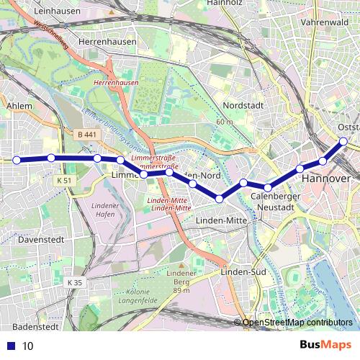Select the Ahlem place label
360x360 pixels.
[x=19, y=106]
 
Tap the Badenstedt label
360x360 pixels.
[x=35, y=326]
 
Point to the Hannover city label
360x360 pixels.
[x=326, y=178]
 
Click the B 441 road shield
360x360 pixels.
[x=86, y=135]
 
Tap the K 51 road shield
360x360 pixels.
[x=64, y=180]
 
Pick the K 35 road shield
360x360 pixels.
[x=75, y=283]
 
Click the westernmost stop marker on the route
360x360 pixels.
[x=17, y=160]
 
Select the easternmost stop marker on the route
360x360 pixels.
[x=343, y=141]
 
